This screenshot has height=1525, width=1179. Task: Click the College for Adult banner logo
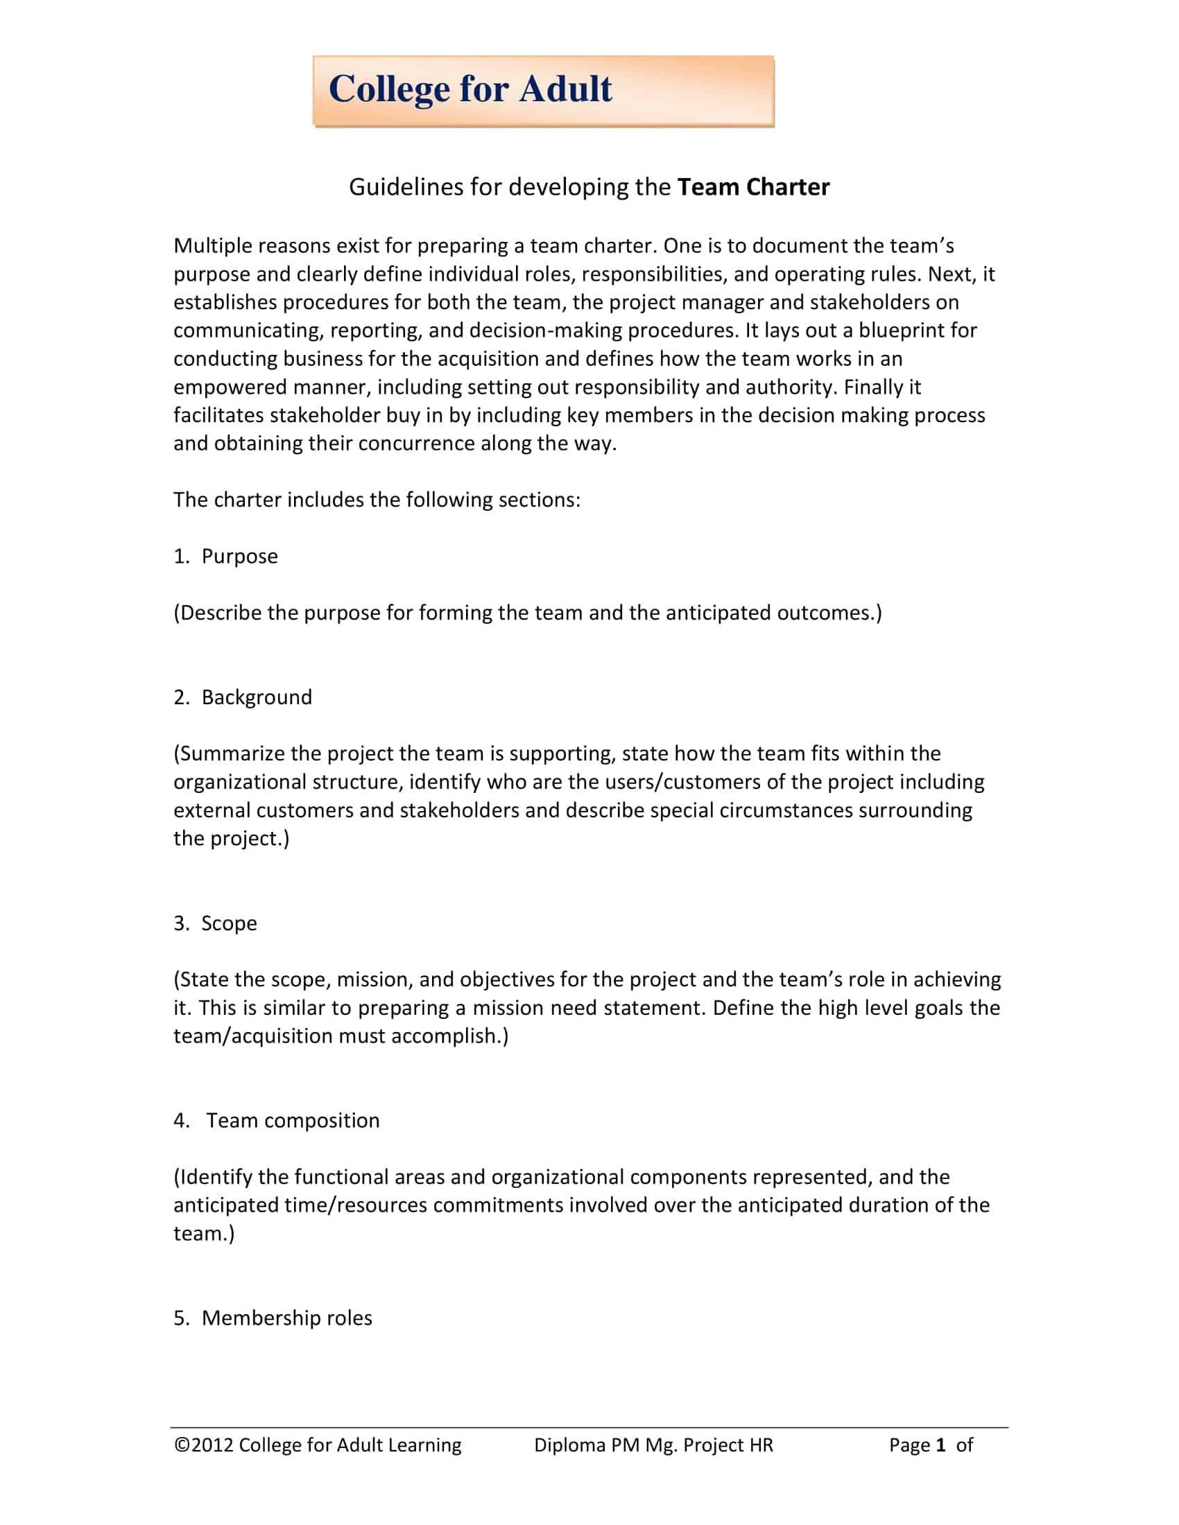[543, 91]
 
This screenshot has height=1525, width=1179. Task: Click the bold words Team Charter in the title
[753, 187]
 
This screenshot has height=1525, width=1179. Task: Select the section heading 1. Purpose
[225, 557]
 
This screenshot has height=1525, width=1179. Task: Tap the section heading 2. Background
[242, 697]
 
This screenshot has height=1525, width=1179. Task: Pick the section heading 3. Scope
[215, 923]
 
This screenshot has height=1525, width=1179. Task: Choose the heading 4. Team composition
[277, 1121]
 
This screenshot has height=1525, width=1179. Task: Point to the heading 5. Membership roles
[273, 1318]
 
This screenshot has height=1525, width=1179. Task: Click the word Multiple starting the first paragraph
[213, 246]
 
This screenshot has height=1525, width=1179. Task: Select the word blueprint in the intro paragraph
[900, 330]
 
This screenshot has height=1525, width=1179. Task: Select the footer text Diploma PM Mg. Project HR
[653, 1445]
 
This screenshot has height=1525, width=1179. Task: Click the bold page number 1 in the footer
[940, 1445]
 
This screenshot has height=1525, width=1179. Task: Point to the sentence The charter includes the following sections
[377, 500]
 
